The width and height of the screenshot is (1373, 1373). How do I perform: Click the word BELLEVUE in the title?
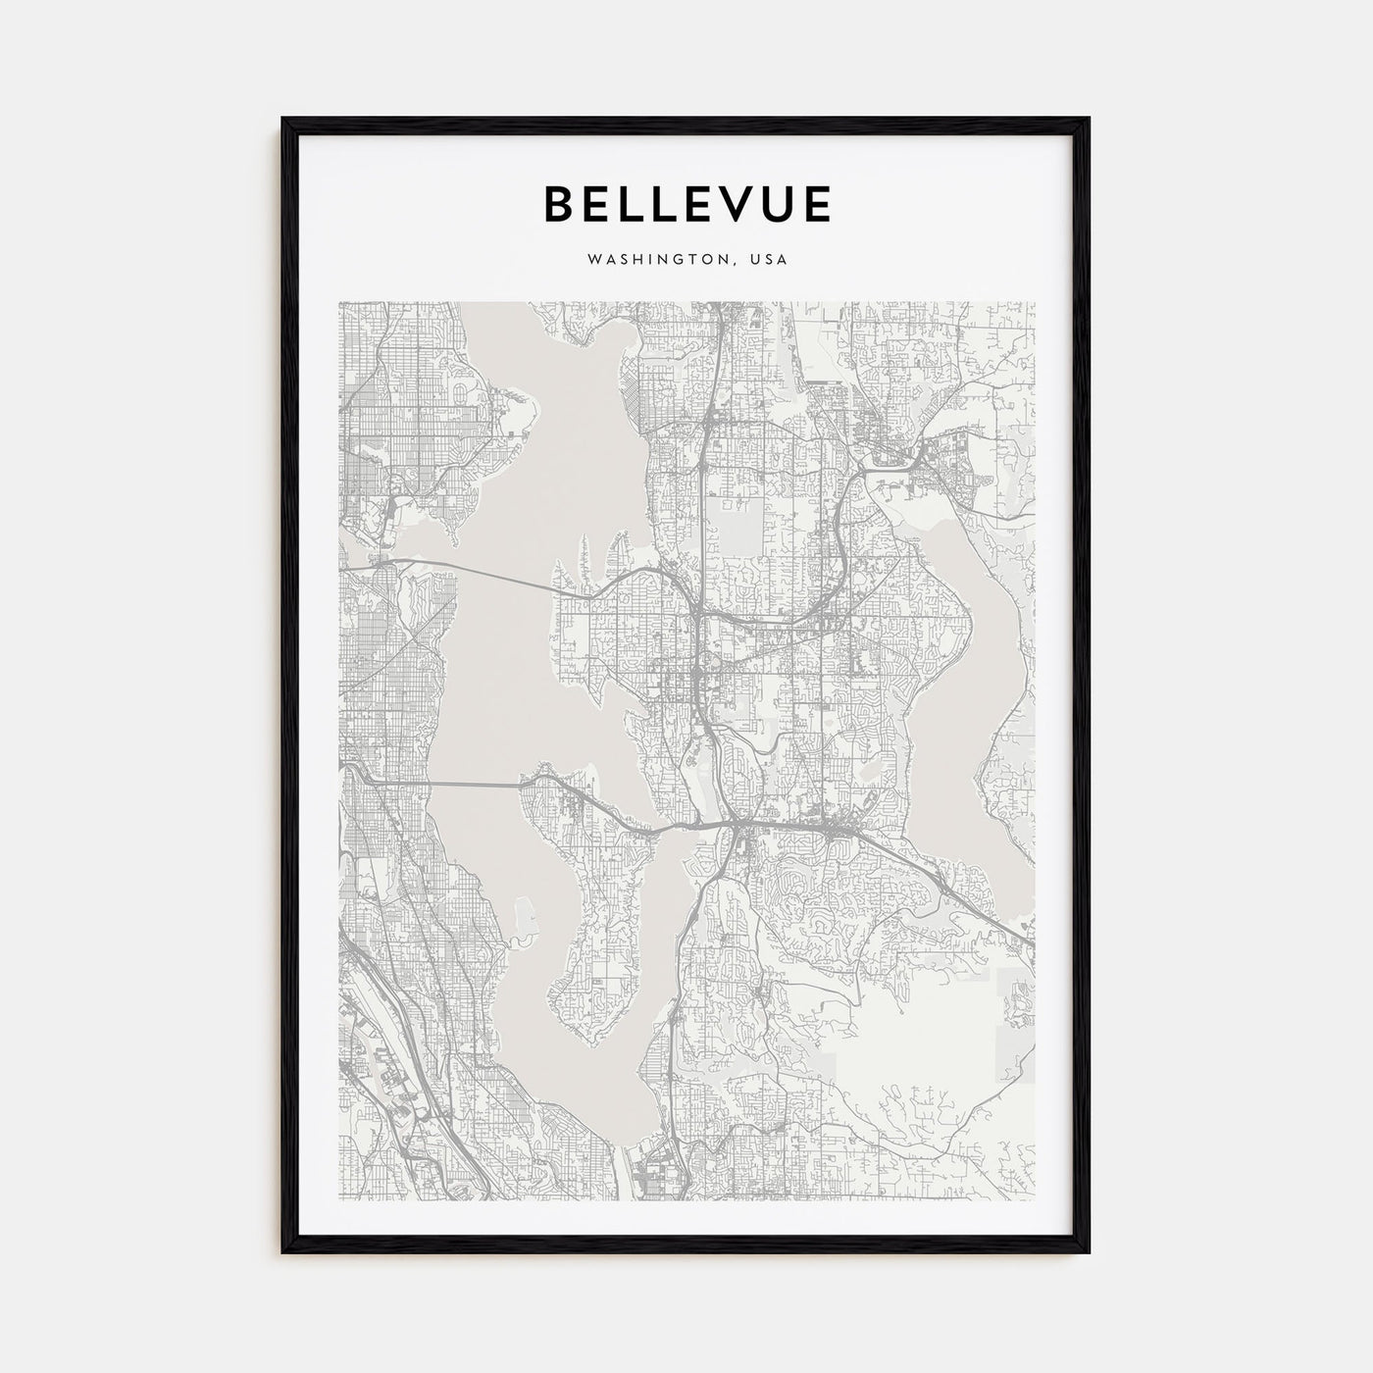click(686, 204)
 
